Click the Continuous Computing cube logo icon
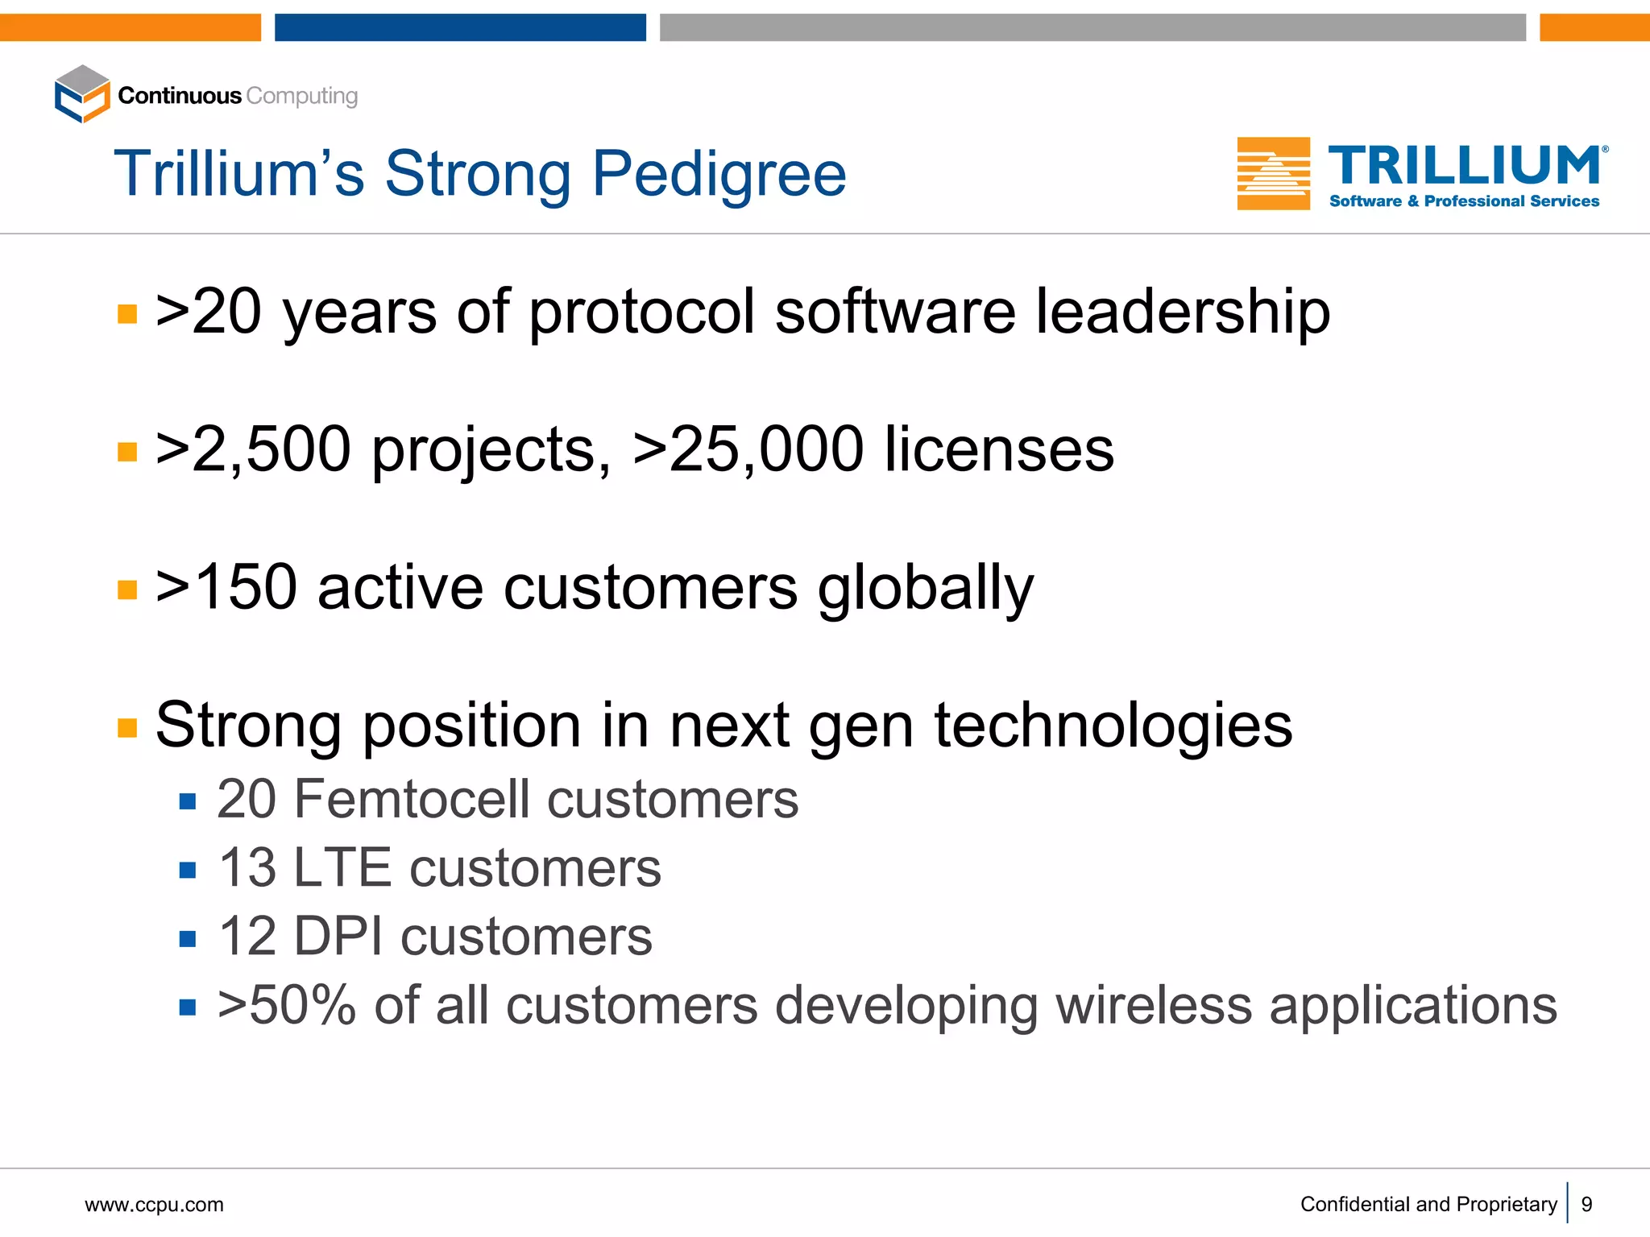point(82,94)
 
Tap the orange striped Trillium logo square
point(1273,173)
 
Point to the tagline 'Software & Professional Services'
point(1464,201)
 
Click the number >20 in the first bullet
point(209,312)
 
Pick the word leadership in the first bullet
point(1182,312)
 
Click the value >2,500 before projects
point(253,449)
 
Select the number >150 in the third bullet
point(226,587)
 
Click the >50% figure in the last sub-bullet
point(286,1006)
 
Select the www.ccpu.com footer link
point(154,1205)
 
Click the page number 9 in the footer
point(1586,1204)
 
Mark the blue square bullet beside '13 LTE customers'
point(188,870)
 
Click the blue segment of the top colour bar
point(460,27)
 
